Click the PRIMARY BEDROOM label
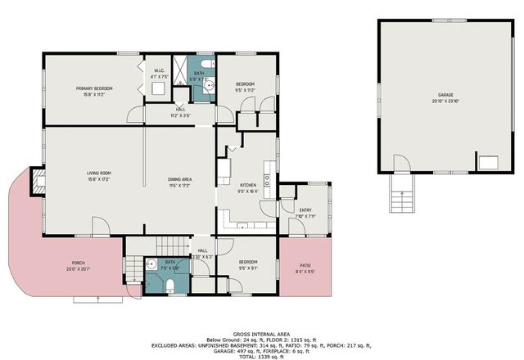(94, 88)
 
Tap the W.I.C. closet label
(160, 70)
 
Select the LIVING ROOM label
(99, 173)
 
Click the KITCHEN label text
(248, 186)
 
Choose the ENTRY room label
(305, 210)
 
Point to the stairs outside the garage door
(400, 199)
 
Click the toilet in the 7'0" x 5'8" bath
(169, 284)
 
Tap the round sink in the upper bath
(209, 84)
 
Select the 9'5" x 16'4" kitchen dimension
(248, 191)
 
